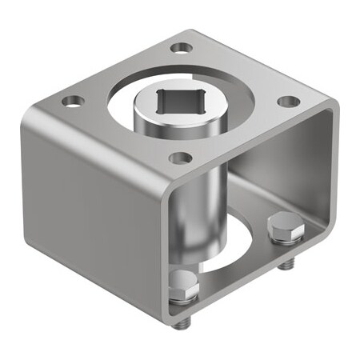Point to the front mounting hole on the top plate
(180, 158)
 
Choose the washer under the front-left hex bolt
(184, 298)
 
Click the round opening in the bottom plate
(240, 256)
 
